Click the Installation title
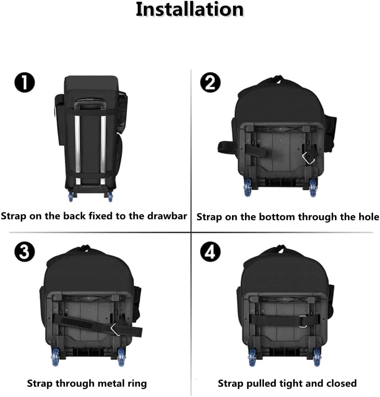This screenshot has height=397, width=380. pos(189,10)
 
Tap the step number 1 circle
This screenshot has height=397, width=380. pos(25,83)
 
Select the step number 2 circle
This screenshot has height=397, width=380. pos(210,83)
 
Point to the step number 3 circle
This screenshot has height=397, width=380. pos(25,253)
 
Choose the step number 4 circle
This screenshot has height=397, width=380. pos(210,253)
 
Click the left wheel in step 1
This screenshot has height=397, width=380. pos(71,196)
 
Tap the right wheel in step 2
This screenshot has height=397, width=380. pos(313,187)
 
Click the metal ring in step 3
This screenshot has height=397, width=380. pos(115,329)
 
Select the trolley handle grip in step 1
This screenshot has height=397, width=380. pos(90,105)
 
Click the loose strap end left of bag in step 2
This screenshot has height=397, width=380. pos(226,147)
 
